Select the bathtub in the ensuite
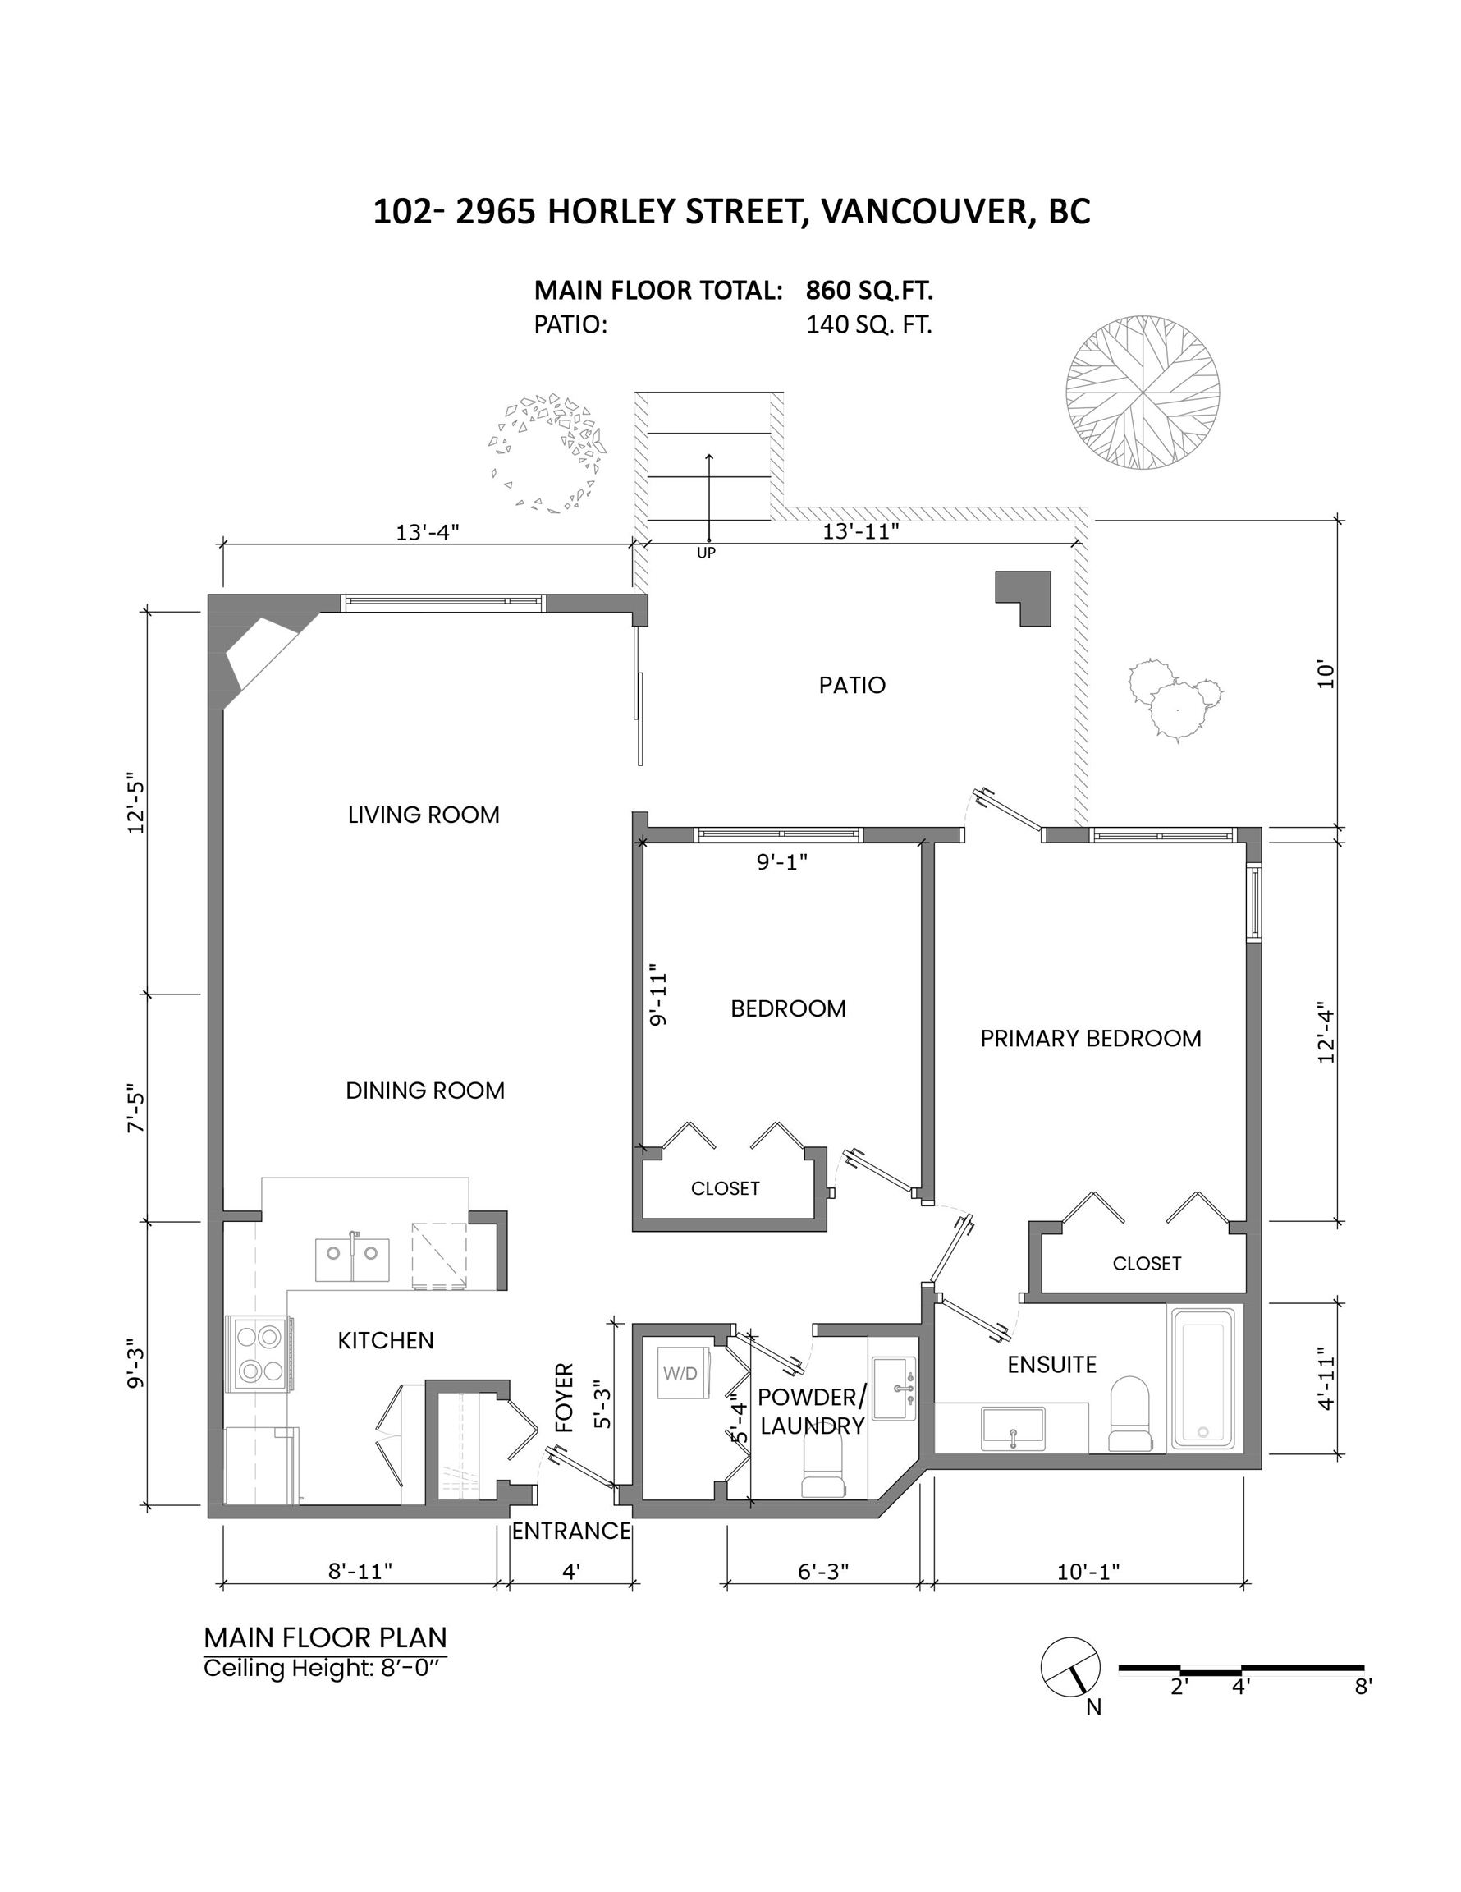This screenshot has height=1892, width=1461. (1202, 1378)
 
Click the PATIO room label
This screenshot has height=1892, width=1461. (852, 685)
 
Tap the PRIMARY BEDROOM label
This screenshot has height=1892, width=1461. (1090, 1038)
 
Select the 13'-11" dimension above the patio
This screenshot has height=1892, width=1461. (860, 531)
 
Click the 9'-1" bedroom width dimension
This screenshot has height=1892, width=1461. (782, 861)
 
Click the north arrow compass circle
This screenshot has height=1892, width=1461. (1070, 1668)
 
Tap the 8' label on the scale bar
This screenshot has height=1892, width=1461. (1363, 1686)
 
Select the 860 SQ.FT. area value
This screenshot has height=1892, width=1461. (869, 289)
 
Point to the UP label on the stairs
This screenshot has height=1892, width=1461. (707, 553)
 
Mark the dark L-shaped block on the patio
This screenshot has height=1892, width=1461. (1023, 598)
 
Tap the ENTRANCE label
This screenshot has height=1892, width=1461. (570, 1532)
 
